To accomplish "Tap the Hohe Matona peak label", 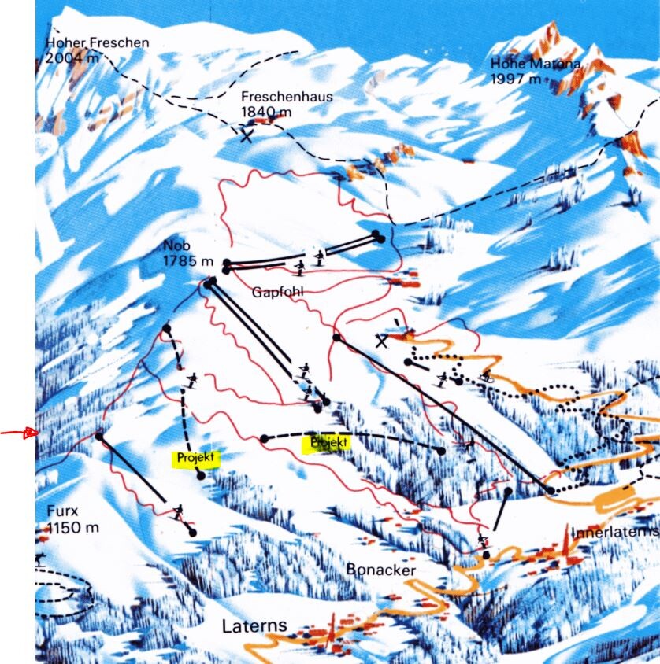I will point(536,64).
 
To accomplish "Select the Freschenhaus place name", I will point(287,98).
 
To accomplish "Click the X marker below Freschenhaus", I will point(247,135).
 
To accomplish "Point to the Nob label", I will point(177,245).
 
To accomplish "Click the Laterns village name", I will point(254,628).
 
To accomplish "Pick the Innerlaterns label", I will point(614,533).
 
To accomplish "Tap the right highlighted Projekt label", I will point(328,443).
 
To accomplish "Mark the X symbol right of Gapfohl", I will point(383,341).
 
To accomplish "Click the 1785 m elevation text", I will point(189,260).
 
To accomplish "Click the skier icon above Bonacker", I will point(483,540).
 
